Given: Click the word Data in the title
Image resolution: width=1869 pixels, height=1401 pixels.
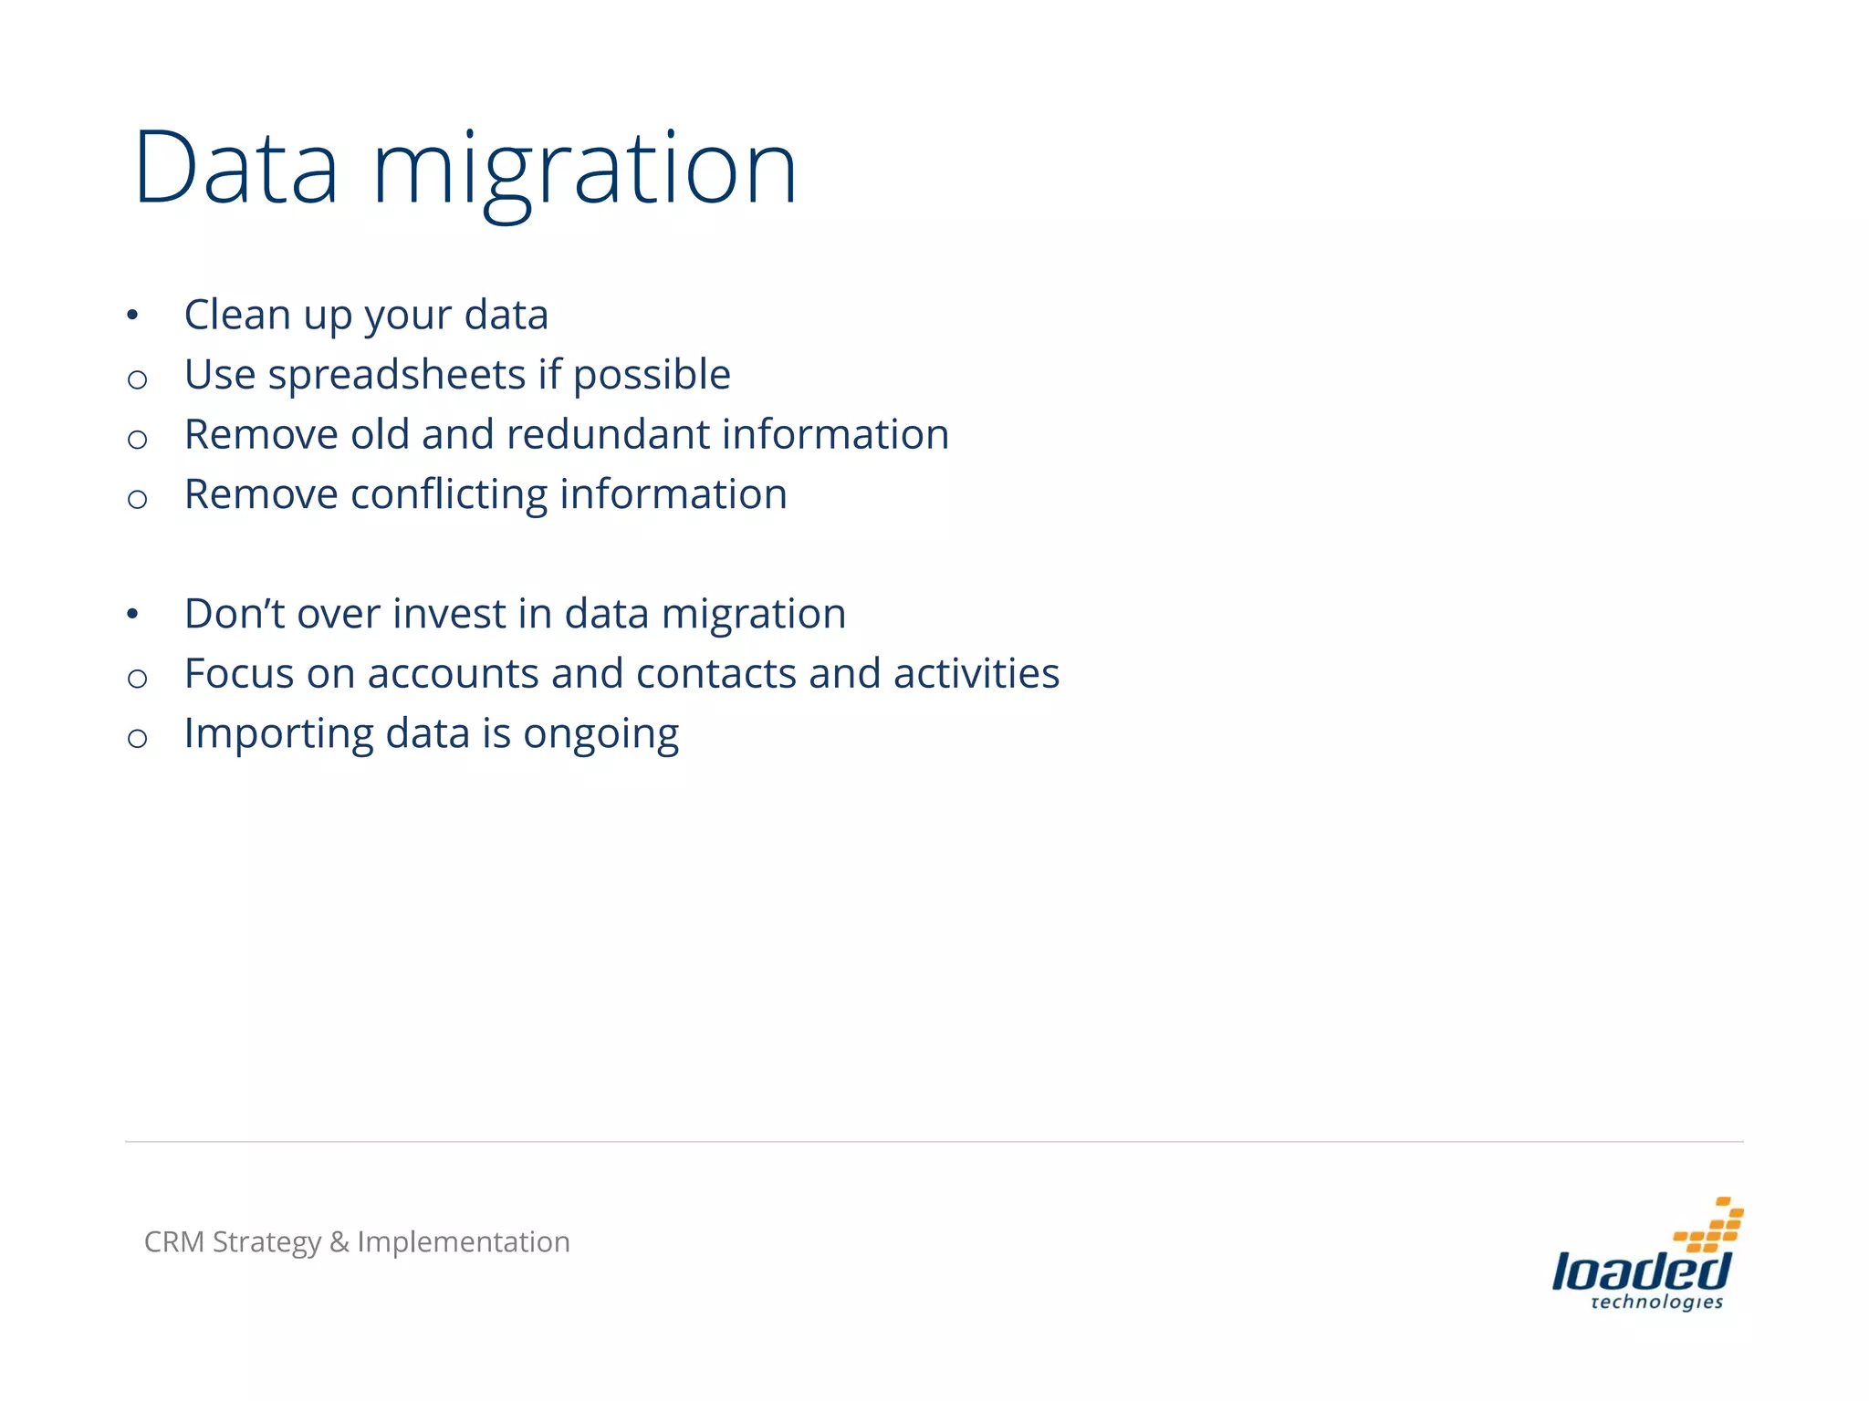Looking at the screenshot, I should coord(236,169).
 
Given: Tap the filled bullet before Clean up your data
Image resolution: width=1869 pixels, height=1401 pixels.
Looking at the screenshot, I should coord(133,316).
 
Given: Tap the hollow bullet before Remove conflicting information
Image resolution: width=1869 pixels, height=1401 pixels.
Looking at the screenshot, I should coord(138,499).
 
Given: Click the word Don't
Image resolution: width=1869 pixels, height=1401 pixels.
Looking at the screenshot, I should coord(235,613).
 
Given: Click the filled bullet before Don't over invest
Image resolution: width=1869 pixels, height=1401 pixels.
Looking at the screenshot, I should coord(133,615).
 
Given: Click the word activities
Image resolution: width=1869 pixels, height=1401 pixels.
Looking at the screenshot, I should coord(976,674).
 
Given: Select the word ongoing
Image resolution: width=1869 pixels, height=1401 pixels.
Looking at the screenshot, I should coord(600,734).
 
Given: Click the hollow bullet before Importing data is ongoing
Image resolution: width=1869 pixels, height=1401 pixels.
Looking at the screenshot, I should coord(138,738).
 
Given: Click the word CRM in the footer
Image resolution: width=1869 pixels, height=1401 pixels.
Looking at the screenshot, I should coord(173,1241).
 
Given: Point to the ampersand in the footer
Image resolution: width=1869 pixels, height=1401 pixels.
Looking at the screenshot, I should coord(339,1242).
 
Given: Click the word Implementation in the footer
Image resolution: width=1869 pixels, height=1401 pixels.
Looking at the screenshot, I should coord(463,1242).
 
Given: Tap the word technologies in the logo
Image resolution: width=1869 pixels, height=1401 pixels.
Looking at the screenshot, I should coord(1655,1302).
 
